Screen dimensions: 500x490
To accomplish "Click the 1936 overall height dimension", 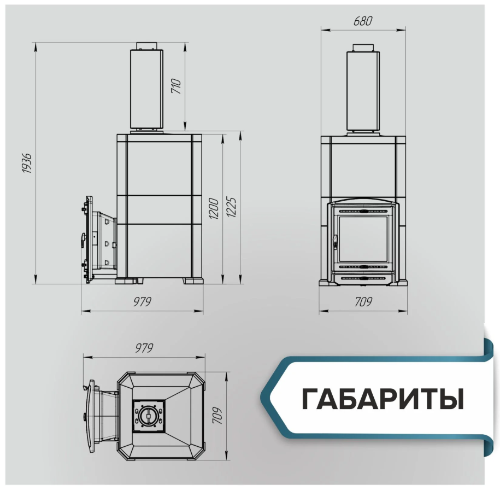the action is coord(27,163).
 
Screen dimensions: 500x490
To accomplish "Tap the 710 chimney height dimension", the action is coord(176,86).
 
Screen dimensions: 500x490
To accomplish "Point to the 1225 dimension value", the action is coord(232,207).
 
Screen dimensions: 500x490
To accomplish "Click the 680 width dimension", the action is coord(362,21).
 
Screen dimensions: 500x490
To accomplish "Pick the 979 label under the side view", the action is coord(142,301).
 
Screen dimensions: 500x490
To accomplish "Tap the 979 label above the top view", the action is coord(144,348).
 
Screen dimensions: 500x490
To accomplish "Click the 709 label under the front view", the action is coord(363,301).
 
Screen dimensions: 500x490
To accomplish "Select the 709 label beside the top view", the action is coord(217,415).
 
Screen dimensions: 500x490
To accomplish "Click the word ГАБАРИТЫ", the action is coord(383,399).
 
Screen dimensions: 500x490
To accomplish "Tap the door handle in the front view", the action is coord(335,241).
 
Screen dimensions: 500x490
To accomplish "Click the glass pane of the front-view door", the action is coord(363,239).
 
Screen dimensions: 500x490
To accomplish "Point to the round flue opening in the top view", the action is coord(149,416).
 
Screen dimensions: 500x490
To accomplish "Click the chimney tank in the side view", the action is coord(146,89).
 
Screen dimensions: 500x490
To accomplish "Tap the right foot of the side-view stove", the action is coord(192,281).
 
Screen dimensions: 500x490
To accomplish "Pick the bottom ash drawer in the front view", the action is coord(363,279).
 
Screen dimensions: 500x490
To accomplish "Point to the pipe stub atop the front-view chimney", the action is coord(363,47).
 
